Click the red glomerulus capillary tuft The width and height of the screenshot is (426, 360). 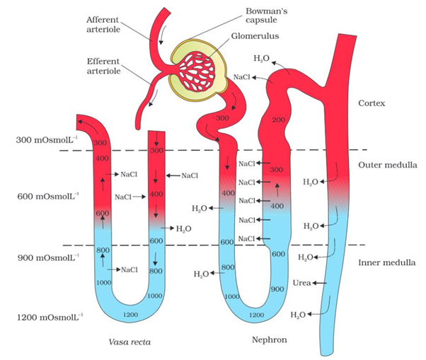pyautogui.click(x=200, y=73)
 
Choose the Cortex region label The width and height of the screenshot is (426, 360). pyautogui.click(x=372, y=103)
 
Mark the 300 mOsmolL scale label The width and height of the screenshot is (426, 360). pyautogui.click(x=45, y=140)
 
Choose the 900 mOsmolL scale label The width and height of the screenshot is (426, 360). pyautogui.click(x=45, y=257)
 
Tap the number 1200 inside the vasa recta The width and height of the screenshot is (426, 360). pyautogui.click(x=129, y=314)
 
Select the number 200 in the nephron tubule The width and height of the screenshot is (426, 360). pyautogui.click(x=277, y=120)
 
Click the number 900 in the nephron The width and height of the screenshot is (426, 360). pyautogui.click(x=277, y=289)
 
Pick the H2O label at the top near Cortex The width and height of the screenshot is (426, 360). pyautogui.click(x=261, y=58)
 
